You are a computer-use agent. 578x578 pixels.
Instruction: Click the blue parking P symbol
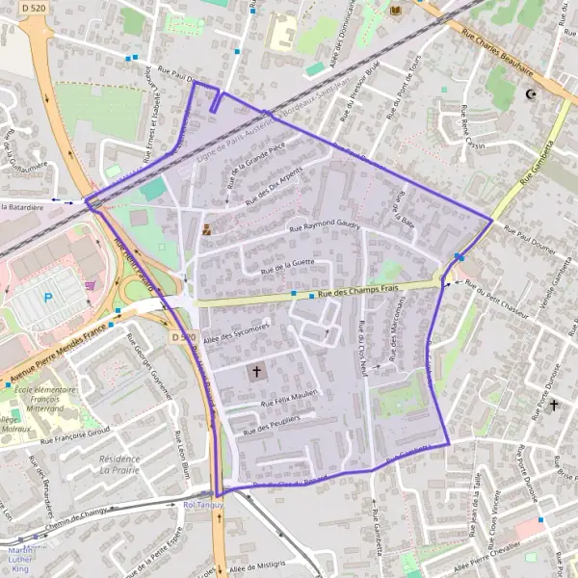click(x=47, y=299)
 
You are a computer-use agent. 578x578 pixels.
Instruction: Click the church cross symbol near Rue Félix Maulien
click(x=257, y=371)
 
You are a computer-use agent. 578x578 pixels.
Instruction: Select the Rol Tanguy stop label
click(x=202, y=505)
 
